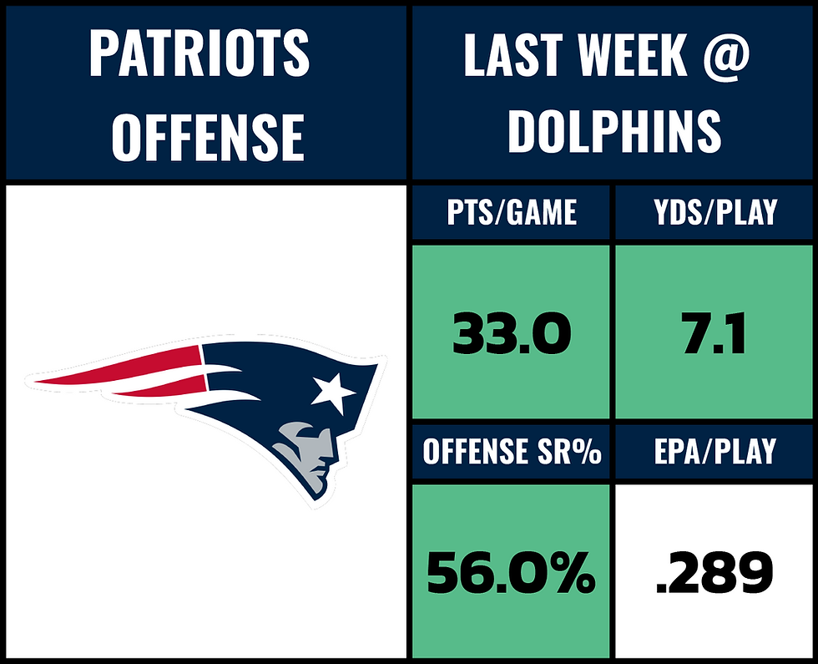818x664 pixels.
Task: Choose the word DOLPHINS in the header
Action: click(614, 130)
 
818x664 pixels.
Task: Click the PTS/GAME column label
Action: click(512, 213)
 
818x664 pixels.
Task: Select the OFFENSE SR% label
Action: click(512, 452)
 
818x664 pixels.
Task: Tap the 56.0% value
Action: click(512, 574)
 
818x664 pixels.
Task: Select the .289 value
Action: click(714, 574)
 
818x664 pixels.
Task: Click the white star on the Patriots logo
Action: click(333, 388)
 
